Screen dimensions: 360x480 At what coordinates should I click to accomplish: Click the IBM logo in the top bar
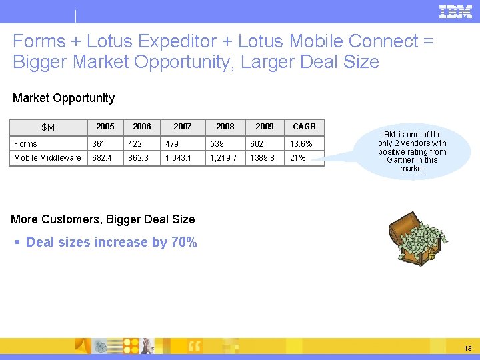[455, 11]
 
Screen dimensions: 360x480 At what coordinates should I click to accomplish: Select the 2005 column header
[105, 127]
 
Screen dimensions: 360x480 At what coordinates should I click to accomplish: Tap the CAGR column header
[304, 127]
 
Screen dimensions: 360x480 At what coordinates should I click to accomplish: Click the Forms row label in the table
[26, 144]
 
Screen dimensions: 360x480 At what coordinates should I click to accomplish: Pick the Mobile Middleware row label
[47, 158]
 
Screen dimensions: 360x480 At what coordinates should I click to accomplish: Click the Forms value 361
[99, 144]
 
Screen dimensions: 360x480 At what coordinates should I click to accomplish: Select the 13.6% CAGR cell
[301, 144]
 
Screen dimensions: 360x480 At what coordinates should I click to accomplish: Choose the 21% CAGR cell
[297, 158]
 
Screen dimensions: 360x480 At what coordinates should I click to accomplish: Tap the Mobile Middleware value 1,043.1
[178, 158]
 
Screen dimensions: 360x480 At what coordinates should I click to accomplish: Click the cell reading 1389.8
[261, 158]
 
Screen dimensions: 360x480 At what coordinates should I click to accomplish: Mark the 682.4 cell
[103, 158]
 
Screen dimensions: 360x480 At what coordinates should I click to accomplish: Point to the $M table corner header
[48, 127]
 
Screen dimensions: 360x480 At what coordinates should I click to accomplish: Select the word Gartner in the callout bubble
[402, 160]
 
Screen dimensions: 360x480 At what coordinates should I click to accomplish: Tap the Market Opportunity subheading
[63, 98]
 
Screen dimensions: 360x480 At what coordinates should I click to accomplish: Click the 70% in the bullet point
[184, 242]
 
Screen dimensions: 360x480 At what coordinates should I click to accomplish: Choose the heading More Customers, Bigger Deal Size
[103, 219]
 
